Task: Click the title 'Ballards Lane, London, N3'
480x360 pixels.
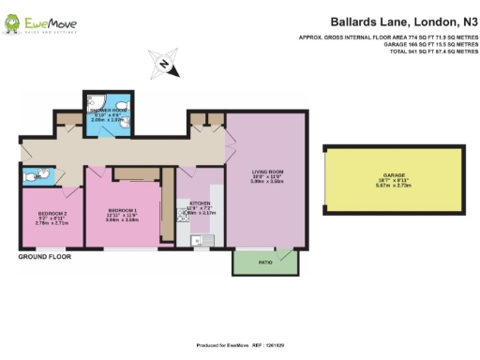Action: [399, 20]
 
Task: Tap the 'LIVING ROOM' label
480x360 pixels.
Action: [267, 172]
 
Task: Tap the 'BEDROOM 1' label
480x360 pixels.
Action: [123, 209]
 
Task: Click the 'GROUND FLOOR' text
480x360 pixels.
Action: [44, 256]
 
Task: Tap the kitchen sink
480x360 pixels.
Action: [199, 241]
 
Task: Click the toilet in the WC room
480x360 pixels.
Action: [33, 173]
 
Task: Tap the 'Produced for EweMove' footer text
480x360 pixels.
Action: [240, 345]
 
